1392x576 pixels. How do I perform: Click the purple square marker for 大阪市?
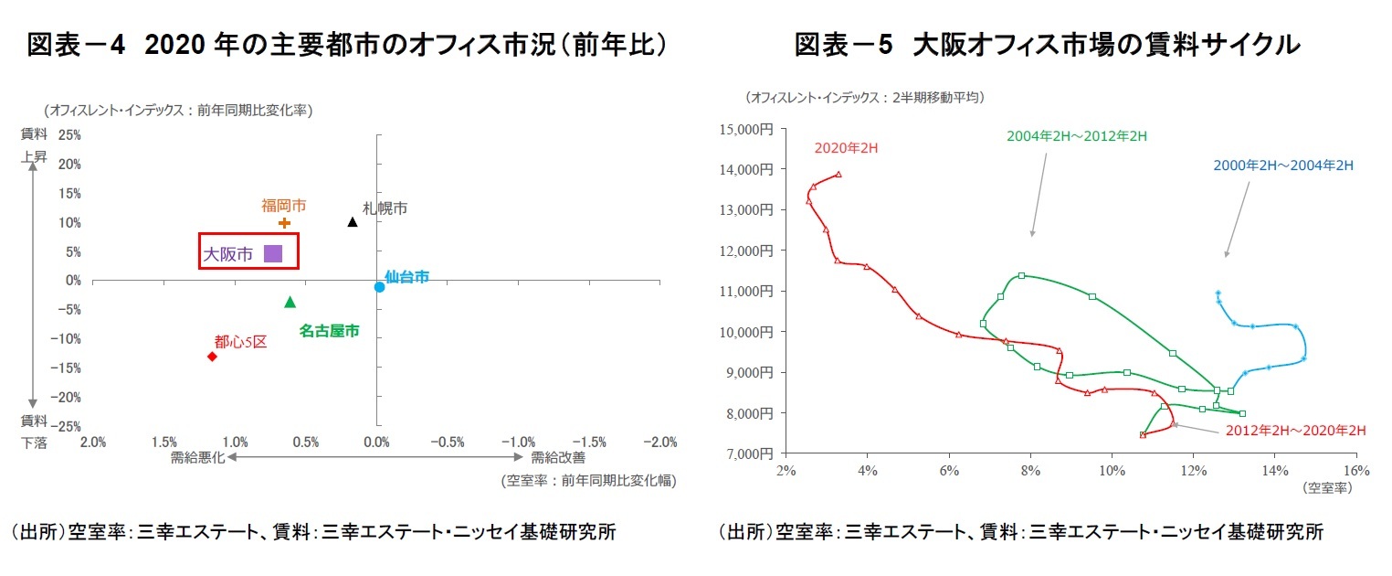tap(272, 254)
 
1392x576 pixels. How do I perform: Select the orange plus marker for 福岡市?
tap(284, 223)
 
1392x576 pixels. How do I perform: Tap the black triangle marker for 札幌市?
tap(353, 222)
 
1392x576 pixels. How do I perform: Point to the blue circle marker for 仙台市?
tap(379, 287)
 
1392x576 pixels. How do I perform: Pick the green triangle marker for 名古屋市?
tap(290, 302)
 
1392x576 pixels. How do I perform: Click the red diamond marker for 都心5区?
tap(212, 356)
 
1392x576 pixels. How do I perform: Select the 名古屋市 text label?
tap(329, 331)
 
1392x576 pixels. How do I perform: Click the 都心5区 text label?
tap(240, 342)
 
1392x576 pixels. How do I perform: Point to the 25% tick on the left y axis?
tap(70, 135)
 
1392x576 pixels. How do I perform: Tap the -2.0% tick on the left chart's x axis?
tap(659, 443)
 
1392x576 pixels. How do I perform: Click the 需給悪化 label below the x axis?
tap(196, 457)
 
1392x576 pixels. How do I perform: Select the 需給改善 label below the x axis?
tap(558, 457)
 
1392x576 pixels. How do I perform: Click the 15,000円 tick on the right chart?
tap(746, 129)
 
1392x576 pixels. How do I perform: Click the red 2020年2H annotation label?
tap(846, 148)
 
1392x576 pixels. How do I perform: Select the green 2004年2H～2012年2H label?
tap(1076, 136)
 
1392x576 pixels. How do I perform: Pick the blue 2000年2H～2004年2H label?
tap(1282, 165)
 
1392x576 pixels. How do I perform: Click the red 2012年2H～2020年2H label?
tap(1295, 430)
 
